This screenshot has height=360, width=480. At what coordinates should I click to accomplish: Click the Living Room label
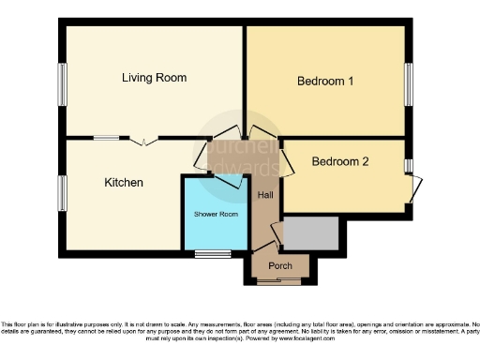[154, 78]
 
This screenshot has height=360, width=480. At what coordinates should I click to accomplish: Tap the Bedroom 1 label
[324, 82]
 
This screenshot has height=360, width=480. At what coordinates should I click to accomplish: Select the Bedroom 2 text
[339, 161]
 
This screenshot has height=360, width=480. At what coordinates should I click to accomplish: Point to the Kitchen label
[123, 182]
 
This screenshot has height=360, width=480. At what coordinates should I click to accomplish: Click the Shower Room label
[216, 215]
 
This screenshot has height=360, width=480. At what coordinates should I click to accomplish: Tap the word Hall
[266, 194]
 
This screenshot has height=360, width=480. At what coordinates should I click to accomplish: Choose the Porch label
[280, 265]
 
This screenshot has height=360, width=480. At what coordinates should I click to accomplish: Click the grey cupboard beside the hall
[310, 233]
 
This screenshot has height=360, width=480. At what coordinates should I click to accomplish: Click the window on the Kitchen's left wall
[62, 192]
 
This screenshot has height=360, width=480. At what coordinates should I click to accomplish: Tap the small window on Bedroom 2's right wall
[409, 165]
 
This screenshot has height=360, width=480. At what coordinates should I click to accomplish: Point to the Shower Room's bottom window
[213, 254]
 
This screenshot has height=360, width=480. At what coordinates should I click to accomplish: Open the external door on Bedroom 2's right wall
[413, 189]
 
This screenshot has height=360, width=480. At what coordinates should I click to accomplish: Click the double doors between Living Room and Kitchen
[143, 142]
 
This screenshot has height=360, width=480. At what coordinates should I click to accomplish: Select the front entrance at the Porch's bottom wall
[280, 281]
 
